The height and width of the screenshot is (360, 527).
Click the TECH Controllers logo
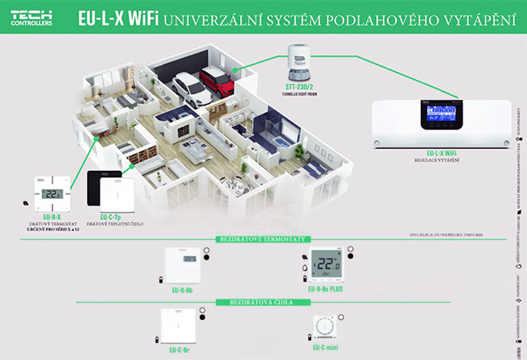pos(31,18)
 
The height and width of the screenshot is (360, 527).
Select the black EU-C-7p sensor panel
pos(103,189)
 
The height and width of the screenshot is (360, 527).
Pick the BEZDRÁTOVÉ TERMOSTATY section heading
pos(262,239)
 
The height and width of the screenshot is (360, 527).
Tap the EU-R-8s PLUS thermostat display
pos(326,265)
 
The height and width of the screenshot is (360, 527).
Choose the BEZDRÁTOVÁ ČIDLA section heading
pos(262,302)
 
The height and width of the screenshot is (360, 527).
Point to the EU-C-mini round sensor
pos(326,326)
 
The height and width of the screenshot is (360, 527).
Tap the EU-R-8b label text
pos(181,290)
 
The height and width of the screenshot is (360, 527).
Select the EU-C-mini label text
pos(326,347)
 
